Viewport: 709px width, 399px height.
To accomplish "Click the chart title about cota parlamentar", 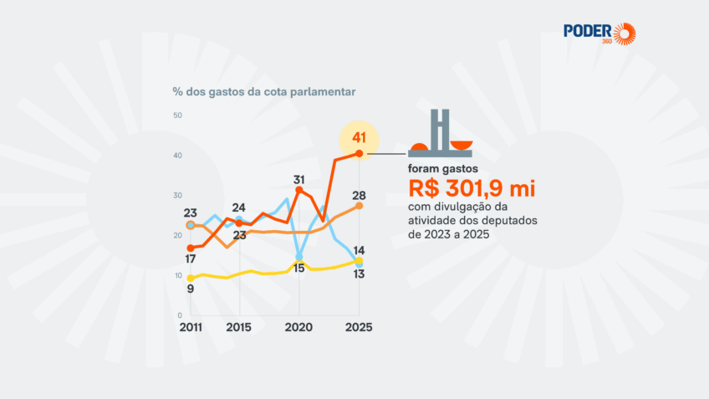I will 263,91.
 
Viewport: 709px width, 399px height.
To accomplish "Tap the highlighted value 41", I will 360,137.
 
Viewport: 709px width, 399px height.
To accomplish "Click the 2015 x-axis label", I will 240,326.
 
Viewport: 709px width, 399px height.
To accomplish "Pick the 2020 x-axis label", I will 299,326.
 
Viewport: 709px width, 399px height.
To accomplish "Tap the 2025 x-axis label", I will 359,326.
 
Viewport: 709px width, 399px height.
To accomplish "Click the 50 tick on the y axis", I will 177,115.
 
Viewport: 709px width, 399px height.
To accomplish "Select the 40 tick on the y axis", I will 177,155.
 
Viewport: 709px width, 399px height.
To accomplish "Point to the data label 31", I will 299,179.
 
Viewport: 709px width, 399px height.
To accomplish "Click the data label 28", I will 359,195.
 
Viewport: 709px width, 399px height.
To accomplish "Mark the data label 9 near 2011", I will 191,289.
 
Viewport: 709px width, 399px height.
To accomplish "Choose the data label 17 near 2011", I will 191,259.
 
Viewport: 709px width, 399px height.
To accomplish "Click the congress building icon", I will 440,134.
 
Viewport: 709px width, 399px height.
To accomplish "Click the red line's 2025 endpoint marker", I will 360,153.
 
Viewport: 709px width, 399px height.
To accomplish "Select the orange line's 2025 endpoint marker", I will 360,205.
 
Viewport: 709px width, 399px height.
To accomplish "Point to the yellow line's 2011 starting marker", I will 191,278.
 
